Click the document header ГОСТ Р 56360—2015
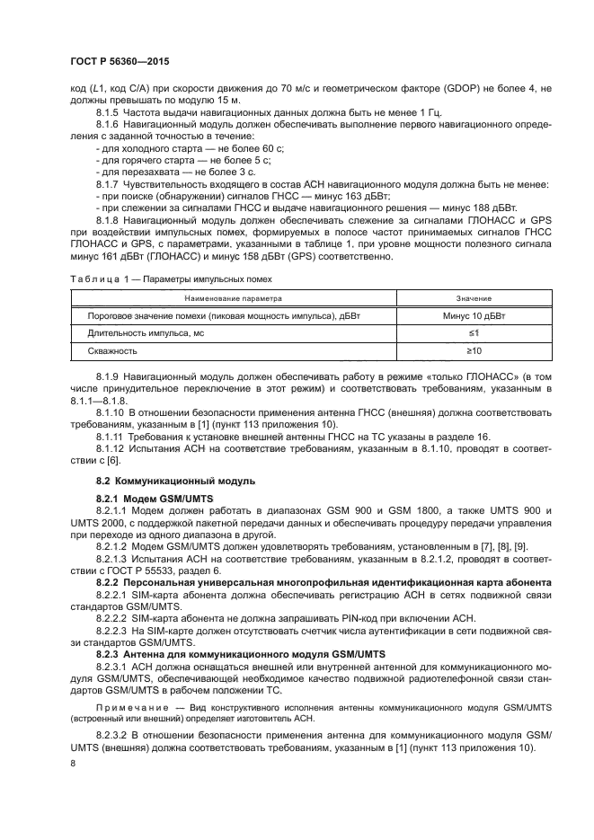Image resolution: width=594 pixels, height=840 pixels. pos(119,60)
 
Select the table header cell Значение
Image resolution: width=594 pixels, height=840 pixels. pos(474,298)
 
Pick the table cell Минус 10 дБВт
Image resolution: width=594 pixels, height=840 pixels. pos(474,316)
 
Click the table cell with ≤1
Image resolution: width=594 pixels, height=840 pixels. pos(474,333)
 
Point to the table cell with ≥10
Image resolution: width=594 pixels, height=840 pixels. pos(474,350)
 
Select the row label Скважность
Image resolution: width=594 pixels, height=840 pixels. pos(112,350)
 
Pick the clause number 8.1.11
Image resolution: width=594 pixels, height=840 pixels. pos(111,435)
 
